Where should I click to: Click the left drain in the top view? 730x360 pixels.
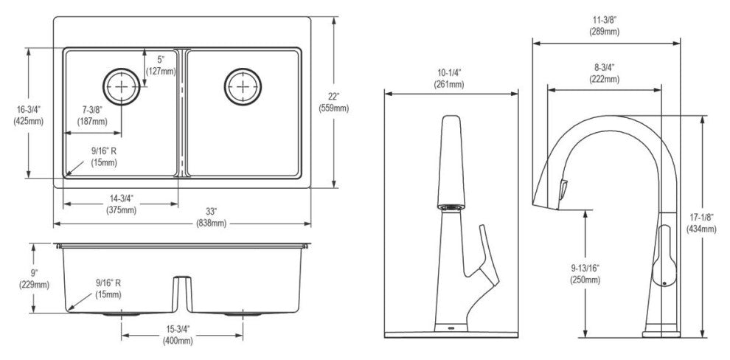pos(122,86)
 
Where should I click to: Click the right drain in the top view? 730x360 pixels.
pos(243,86)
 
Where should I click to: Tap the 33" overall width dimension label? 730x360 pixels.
pos(212,219)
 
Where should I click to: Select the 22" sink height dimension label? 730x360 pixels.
pos(334,103)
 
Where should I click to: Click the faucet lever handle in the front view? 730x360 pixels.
pos(486,261)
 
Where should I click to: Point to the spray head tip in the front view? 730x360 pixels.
pos(451,207)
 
